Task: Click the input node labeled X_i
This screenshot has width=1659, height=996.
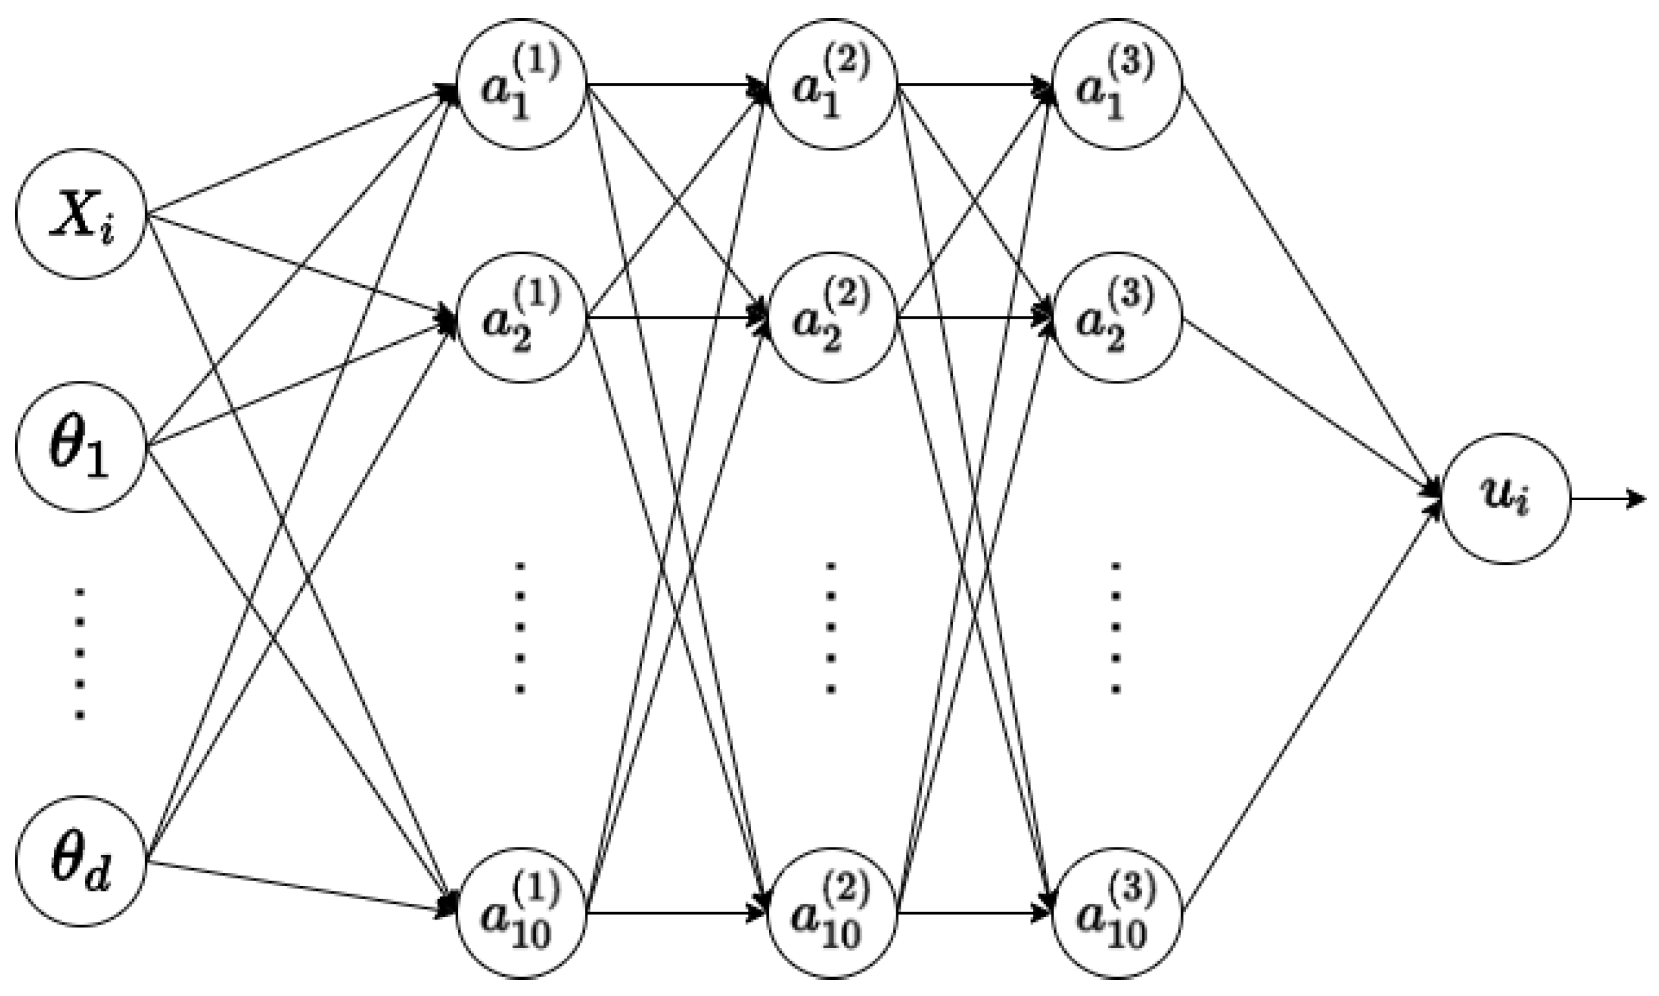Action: coord(81,214)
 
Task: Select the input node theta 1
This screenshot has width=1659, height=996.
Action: coord(81,446)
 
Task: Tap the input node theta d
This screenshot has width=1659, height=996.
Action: coord(81,861)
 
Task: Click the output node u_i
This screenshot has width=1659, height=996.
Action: coord(1505,499)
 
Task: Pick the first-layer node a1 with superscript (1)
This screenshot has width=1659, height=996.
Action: coord(522,85)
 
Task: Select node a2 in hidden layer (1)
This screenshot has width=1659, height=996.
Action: coord(522,317)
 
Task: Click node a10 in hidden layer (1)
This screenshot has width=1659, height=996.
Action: coord(522,913)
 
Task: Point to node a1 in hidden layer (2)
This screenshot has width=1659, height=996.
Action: coord(832,85)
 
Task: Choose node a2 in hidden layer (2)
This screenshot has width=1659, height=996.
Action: coord(832,317)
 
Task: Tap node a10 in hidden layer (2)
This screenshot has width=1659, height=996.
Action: coord(832,913)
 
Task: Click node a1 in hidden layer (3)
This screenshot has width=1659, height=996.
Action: coord(1116,85)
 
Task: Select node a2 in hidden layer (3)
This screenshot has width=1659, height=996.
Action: coord(1116,317)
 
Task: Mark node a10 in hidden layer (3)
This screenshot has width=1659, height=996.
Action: coord(1116,913)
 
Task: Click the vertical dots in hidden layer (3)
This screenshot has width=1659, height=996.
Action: coord(1116,628)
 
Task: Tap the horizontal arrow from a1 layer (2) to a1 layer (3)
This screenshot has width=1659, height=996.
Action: coord(973,85)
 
